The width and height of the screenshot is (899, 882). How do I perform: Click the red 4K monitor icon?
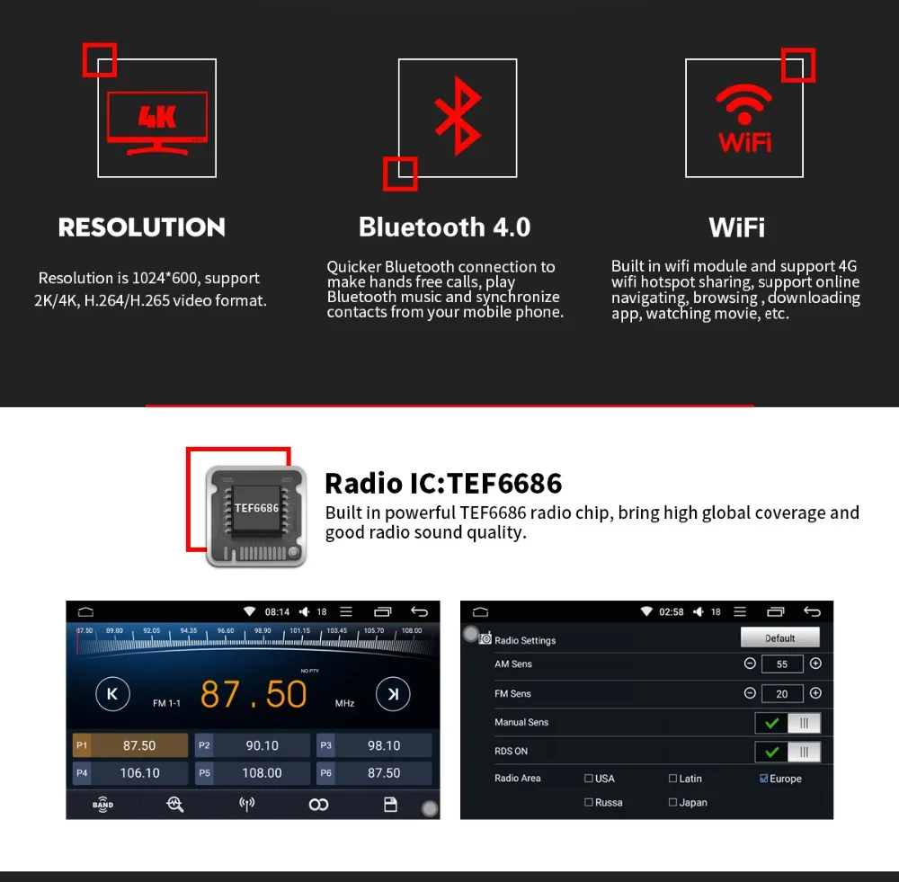(157, 121)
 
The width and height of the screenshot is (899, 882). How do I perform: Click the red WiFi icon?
(744, 120)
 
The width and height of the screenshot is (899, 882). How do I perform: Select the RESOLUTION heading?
(142, 227)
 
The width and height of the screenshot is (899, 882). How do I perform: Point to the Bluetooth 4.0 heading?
(444, 227)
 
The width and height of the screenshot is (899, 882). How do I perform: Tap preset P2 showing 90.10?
(253, 745)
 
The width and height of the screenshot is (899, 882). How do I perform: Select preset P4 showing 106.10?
(130, 773)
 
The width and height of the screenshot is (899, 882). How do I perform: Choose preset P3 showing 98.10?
(375, 745)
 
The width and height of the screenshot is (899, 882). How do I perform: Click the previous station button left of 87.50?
(112, 694)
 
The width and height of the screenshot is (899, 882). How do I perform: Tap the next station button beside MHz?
(392, 694)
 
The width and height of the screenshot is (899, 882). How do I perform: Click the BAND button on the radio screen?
(103, 805)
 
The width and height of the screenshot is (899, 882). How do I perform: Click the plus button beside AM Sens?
(815, 664)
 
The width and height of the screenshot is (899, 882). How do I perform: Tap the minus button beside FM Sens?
(750, 693)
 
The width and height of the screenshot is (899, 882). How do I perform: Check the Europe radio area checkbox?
(764, 779)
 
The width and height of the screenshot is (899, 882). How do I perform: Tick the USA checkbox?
(589, 779)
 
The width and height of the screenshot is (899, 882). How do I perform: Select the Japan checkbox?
(673, 803)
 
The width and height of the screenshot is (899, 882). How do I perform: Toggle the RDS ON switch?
(788, 753)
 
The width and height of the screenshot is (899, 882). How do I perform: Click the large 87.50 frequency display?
(254, 695)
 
